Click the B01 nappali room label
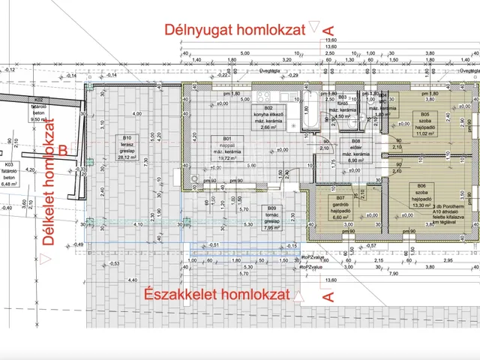[222, 142]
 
